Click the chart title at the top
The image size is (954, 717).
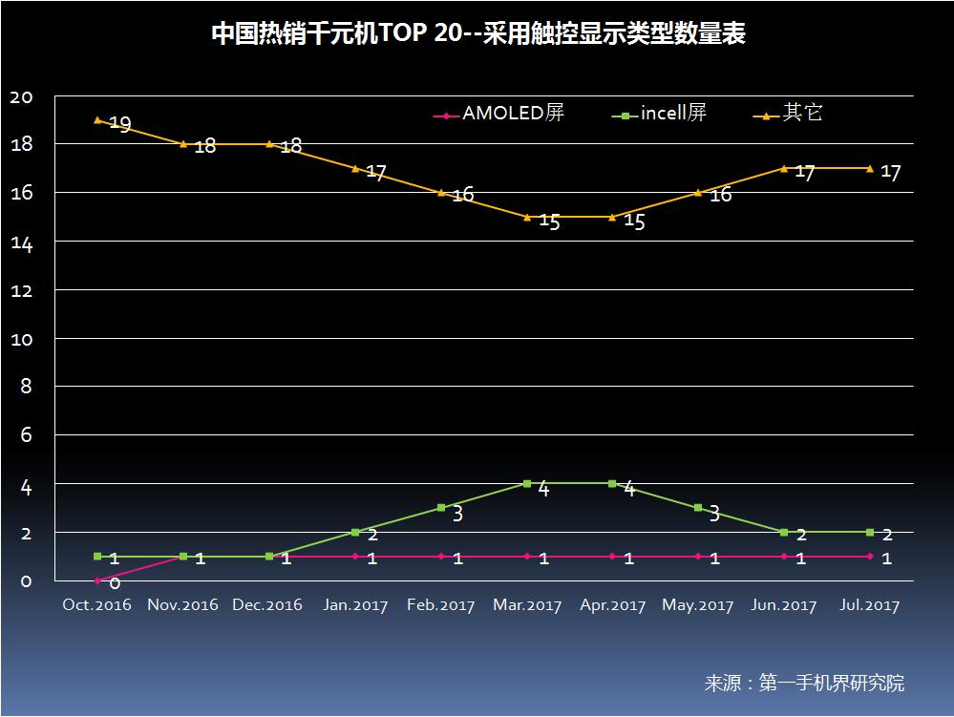477,35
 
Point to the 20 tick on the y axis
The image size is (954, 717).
20,96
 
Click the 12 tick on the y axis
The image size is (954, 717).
20,290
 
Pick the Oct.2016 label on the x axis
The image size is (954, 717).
97,605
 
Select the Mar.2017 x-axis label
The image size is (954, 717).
526,605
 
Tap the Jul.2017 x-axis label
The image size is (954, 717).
870,605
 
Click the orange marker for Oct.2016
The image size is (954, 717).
97,120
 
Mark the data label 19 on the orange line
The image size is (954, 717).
119,124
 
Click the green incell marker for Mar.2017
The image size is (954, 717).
526,483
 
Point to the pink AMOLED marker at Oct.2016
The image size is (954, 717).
97,580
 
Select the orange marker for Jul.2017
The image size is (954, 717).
870,168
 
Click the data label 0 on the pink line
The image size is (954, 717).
114,582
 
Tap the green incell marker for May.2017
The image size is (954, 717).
698,508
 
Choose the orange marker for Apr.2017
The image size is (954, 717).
612,217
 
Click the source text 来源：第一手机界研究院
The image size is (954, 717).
804,684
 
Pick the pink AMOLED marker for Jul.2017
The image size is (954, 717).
870,556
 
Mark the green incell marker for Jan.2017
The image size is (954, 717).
355,532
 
